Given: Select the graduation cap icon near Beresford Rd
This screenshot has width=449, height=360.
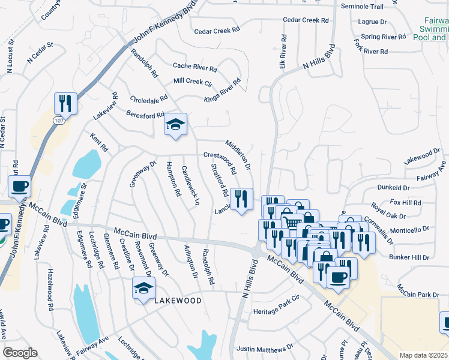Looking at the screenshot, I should click(175, 124).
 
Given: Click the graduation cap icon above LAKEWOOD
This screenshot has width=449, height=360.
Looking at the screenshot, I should click(144, 289).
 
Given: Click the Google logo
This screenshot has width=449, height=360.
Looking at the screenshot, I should click(20, 353).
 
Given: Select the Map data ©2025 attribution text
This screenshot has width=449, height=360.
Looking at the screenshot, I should click(423, 355).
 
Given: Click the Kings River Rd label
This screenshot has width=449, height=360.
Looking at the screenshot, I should click(222, 91).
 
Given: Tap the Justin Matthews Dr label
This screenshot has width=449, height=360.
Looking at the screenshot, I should click(265, 347).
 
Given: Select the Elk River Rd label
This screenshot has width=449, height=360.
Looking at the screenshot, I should click(281, 51).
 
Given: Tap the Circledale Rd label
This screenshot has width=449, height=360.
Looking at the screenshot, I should click(148, 100).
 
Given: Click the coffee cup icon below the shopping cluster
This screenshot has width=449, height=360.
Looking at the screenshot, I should click(338, 277).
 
